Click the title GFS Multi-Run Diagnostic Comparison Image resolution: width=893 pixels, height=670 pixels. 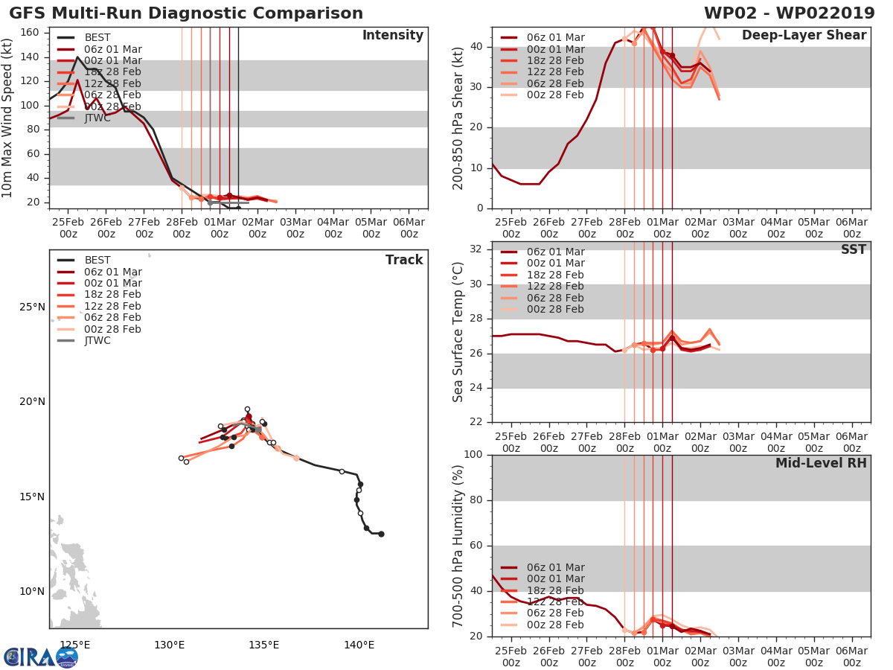pyautogui.click(x=186, y=13)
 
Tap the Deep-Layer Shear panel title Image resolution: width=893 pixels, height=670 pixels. pyautogui.click(x=804, y=36)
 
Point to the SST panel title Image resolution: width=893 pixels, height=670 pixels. pyautogui.click(x=853, y=249)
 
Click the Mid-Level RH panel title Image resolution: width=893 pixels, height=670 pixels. pyautogui.click(x=820, y=463)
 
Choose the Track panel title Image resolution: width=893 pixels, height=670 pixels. pyautogui.click(x=403, y=260)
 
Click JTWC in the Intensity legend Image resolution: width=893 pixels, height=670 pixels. pyautogui.click(x=97, y=118)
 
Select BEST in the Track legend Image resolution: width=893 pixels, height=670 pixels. pyautogui.click(x=97, y=260)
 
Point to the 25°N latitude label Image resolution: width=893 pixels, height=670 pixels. pyautogui.click(x=32, y=307)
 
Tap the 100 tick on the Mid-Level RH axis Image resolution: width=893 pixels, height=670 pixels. pyautogui.click(x=473, y=454)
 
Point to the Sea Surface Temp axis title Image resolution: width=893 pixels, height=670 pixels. pyautogui.click(x=458, y=332)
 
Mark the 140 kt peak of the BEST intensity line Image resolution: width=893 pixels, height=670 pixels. pyautogui.click(x=77, y=57)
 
